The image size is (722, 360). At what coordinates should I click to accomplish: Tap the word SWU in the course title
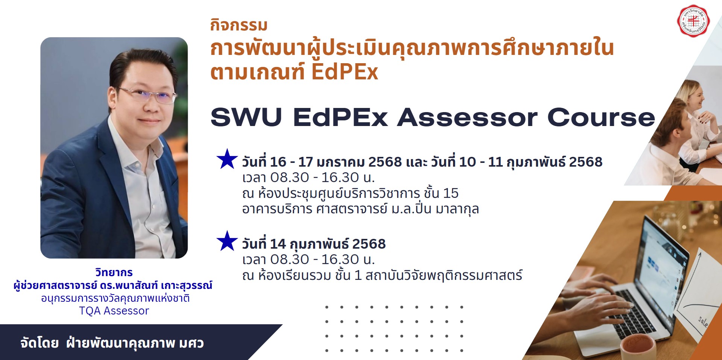(x=246, y=117)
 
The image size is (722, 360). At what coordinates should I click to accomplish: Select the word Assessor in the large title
(x=467, y=117)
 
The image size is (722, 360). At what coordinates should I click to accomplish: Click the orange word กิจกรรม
(x=239, y=25)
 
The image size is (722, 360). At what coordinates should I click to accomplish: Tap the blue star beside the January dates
(x=227, y=159)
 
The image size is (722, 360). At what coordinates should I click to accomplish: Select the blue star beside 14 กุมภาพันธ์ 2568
(x=227, y=241)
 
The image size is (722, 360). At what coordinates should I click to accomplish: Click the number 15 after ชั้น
(x=450, y=193)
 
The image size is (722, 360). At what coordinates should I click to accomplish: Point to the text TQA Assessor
(x=114, y=311)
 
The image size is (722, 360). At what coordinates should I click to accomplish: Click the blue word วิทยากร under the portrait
(x=114, y=272)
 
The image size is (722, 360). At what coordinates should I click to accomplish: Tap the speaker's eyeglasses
(x=147, y=94)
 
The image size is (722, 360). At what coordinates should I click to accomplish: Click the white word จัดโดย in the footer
(x=39, y=343)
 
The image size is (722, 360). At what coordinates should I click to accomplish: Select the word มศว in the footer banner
(x=191, y=343)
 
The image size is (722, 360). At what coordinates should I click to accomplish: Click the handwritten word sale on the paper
(x=703, y=321)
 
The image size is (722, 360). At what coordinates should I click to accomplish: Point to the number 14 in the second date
(x=278, y=244)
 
